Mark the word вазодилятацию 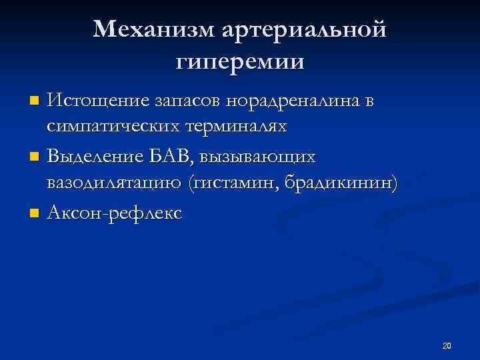115,182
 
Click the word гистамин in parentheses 234,182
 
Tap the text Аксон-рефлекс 113,213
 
